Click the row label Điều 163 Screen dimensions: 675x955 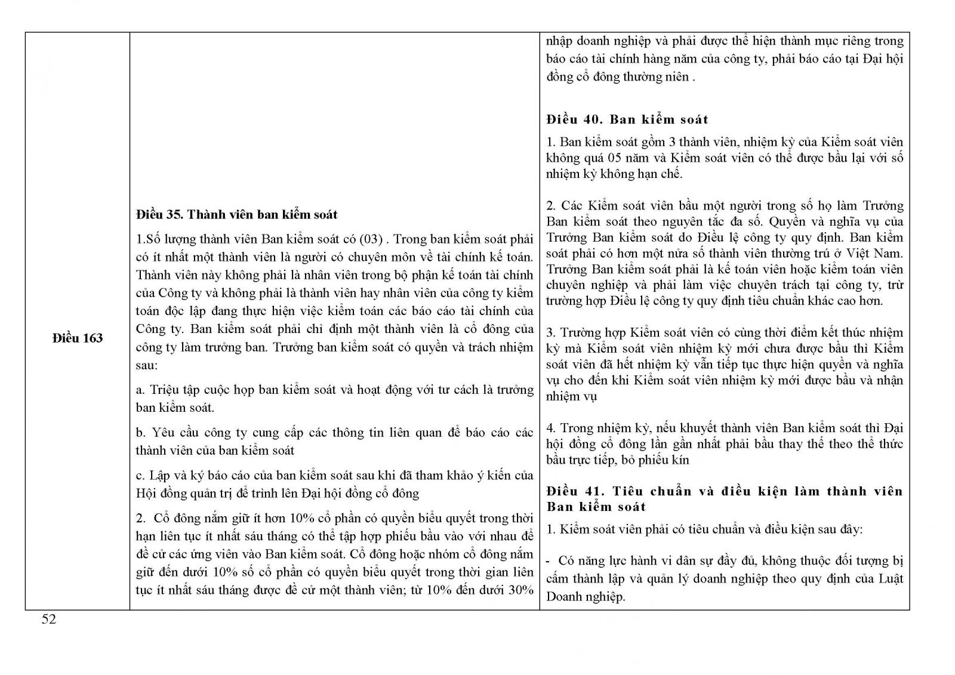click(x=78, y=338)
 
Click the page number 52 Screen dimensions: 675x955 click(x=49, y=619)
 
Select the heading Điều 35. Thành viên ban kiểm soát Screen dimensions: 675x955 click(x=236, y=214)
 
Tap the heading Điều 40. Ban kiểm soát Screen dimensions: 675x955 click(x=627, y=119)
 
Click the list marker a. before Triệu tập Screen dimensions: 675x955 click(x=141, y=390)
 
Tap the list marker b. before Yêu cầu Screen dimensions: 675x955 click(x=141, y=433)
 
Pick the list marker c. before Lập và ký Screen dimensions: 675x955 click(x=141, y=476)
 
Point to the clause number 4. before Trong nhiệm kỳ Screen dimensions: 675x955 click(x=551, y=428)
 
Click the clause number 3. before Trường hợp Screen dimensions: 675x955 click(x=551, y=332)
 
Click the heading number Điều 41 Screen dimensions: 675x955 click(x=571, y=491)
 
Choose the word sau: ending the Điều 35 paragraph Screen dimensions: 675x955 click(x=146, y=365)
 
